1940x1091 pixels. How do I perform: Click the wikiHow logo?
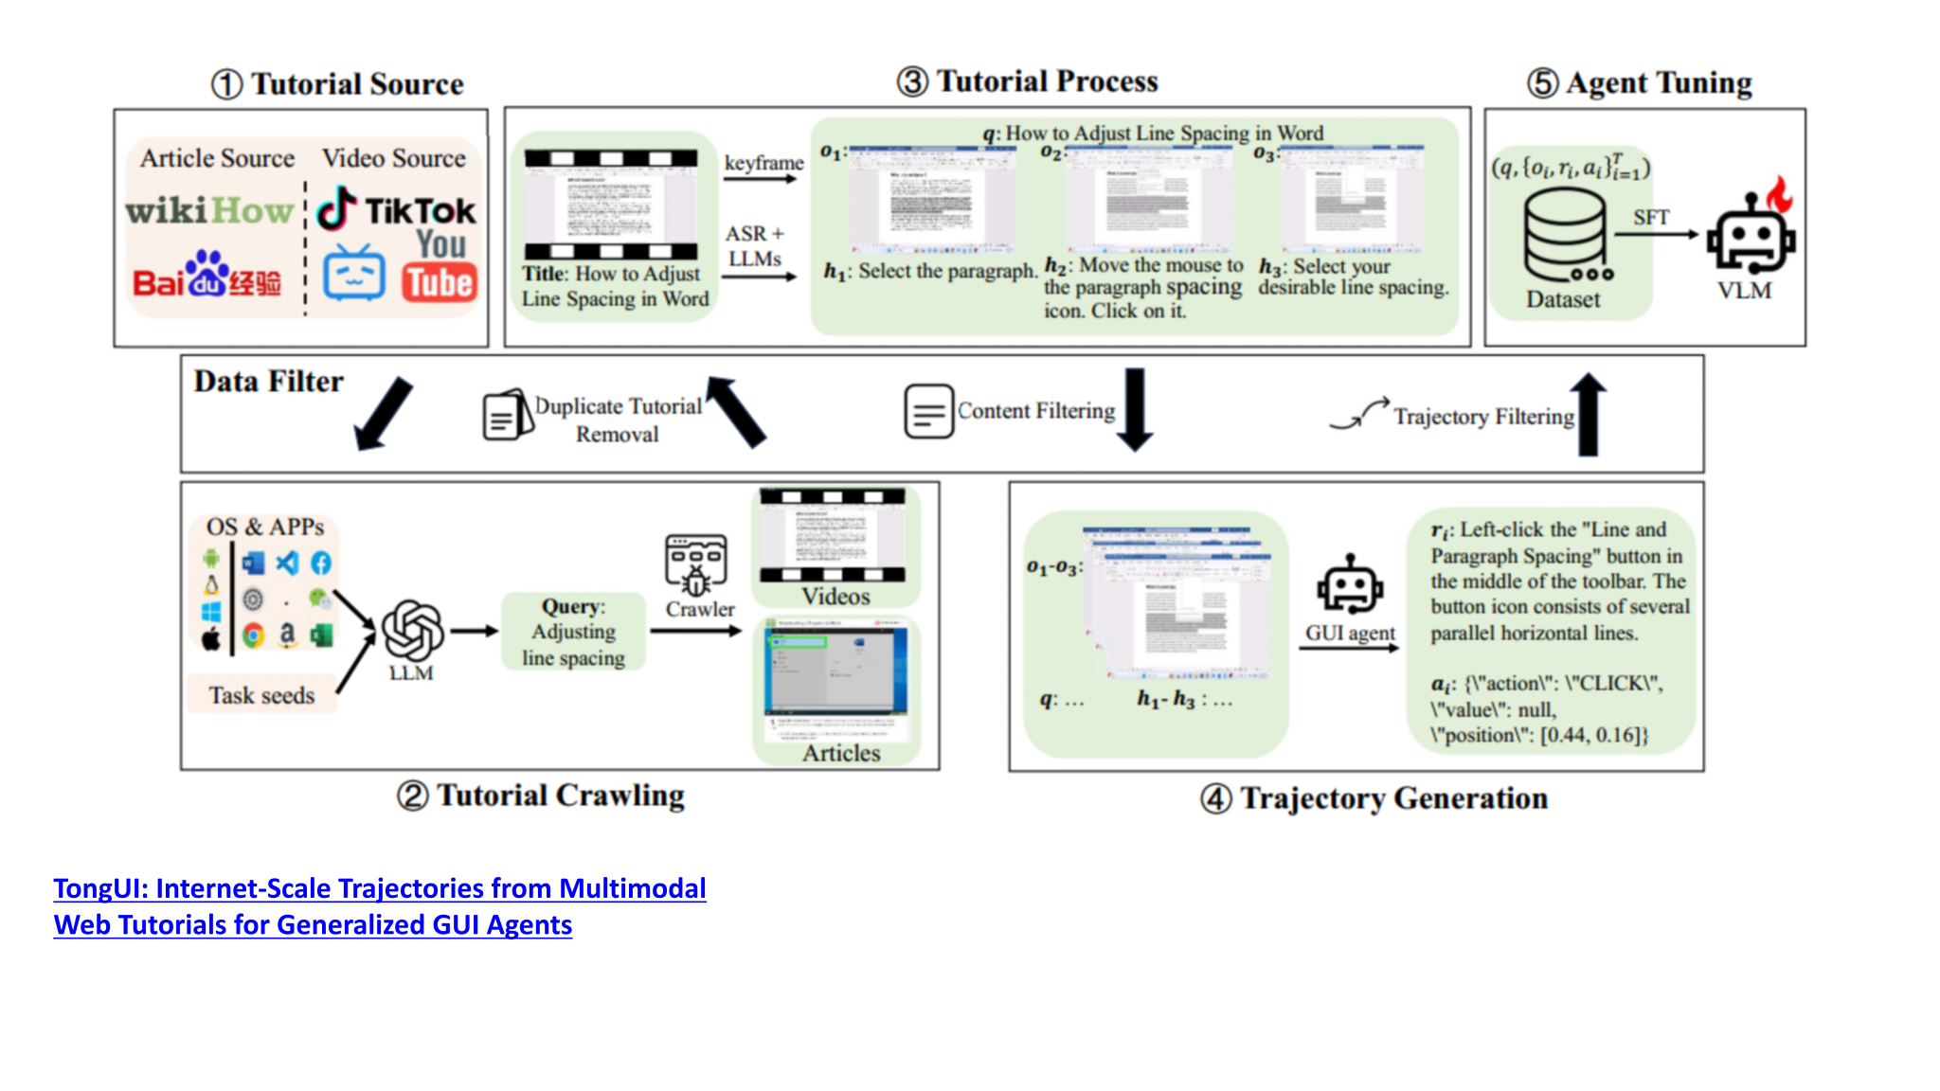[x=209, y=210]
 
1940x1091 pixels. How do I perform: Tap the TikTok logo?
[x=396, y=209]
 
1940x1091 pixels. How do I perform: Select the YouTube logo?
[x=440, y=270]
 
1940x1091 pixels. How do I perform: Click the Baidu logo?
[x=207, y=276]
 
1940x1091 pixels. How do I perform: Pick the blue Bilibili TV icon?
[x=353, y=274]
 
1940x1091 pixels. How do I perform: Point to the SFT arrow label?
[x=1650, y=218]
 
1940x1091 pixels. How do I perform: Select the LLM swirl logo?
[x=412, y=630]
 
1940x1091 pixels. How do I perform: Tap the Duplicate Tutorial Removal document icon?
[x=508, y=415]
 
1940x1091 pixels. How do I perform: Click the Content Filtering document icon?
[x=928, y=411]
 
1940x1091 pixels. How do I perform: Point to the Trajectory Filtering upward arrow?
[x=1589, y=414]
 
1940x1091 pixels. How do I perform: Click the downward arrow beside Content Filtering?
[x=1135, y=409]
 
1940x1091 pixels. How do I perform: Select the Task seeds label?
[x=261, y=695]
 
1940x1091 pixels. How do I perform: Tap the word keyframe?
[x=763, y=163]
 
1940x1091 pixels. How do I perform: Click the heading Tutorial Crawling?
[x=560, y=796]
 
